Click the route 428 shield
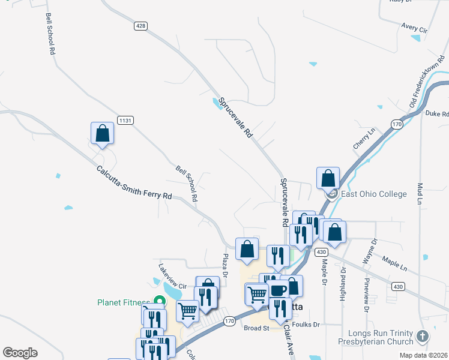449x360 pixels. point(140,26)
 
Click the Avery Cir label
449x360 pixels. point(414,28)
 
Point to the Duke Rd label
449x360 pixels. point(436,113)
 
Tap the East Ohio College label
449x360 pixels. point(373,194)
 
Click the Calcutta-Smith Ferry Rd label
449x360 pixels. point(134,183)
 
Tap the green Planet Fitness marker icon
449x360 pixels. point(160,301)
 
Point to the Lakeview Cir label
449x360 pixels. point(173,275)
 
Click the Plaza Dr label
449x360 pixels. point(224,265)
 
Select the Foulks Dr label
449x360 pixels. point(309,325)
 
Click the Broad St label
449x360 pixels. point(257,328)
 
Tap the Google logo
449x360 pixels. point(20,353)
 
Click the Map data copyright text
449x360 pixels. point(423,355)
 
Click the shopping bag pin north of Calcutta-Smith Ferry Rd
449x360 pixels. point(102,134)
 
